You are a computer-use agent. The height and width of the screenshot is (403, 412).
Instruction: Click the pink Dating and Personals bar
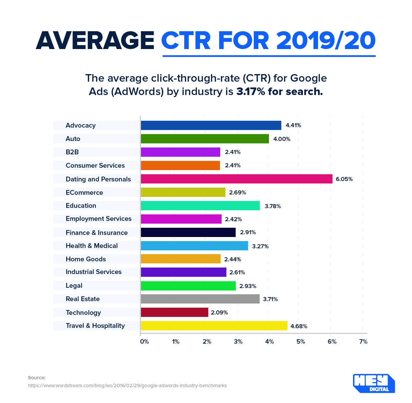236,179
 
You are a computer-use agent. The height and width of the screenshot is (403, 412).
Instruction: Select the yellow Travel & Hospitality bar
214,326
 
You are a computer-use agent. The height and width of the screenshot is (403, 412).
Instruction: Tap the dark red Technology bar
174,312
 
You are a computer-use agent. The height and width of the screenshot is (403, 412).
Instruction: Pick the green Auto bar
205,139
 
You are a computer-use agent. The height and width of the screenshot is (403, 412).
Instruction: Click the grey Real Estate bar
200,299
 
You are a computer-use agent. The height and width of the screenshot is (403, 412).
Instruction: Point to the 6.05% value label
344,179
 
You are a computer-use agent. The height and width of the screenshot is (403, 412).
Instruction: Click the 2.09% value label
219,313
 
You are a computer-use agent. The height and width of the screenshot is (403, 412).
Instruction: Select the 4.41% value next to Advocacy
293,126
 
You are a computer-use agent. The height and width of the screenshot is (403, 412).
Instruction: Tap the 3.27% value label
260,246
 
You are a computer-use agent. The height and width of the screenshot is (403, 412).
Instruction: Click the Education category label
81,206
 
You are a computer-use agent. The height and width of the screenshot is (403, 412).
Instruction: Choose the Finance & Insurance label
97,233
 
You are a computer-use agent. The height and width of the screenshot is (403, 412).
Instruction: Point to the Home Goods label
86,259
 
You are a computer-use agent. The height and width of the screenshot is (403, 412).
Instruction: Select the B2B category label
72,152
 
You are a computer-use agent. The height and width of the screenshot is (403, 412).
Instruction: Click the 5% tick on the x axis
301,342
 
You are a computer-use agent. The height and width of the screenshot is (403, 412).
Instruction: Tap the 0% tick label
144,342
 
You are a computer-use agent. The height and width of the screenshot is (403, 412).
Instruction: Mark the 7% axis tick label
363,342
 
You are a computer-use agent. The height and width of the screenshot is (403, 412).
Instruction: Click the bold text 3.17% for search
280,92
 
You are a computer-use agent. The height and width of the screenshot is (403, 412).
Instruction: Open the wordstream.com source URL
127,386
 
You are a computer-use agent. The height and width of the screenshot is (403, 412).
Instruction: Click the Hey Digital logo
374,383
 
